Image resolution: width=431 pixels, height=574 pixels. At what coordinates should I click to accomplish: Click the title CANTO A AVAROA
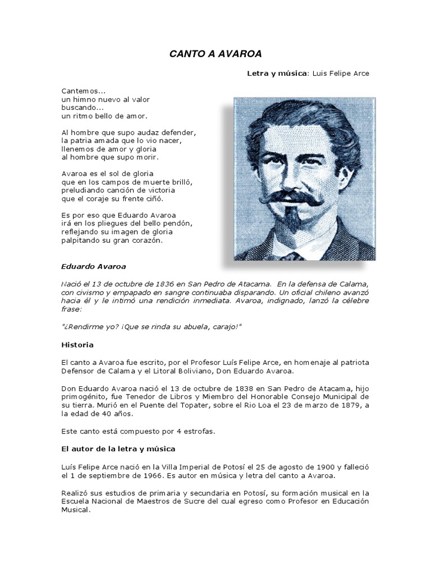pyautogui.click(x=215, y=54)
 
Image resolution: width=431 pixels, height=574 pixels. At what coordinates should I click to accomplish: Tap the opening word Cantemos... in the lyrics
pyautogui.click(x=84, y=90)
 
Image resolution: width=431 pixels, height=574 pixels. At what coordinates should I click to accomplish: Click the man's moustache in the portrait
pyautogui.click(x=290, y=200)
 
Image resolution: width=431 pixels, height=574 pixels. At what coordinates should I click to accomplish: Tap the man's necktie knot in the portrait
pyautogui.click(x=293, y=256)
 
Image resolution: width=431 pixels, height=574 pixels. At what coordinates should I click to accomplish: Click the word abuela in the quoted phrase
pyautogui.click(x=194, y=327)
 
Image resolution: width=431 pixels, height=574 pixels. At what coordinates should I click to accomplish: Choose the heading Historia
pyautogui.click(x=77, y=344)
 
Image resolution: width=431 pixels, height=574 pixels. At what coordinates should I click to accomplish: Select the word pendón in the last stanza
pyautogui.click(x=177, y=224)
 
